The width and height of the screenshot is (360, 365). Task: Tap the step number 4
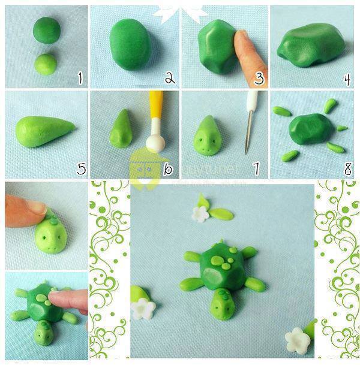pyautogui.click(x=347, y=77)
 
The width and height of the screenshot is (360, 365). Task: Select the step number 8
pyautogui.click(x=347, y=169)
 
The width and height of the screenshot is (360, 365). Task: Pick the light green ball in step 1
pyautogui.click(x=46, y=64)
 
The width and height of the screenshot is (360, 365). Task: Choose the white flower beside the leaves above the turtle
pyautogui.click(x=200, y=213)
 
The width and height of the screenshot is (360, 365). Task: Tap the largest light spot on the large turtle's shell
pyautogui.click(x=214, y=272)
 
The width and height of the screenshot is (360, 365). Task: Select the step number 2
pyautogui.click(x=170, y=77)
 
